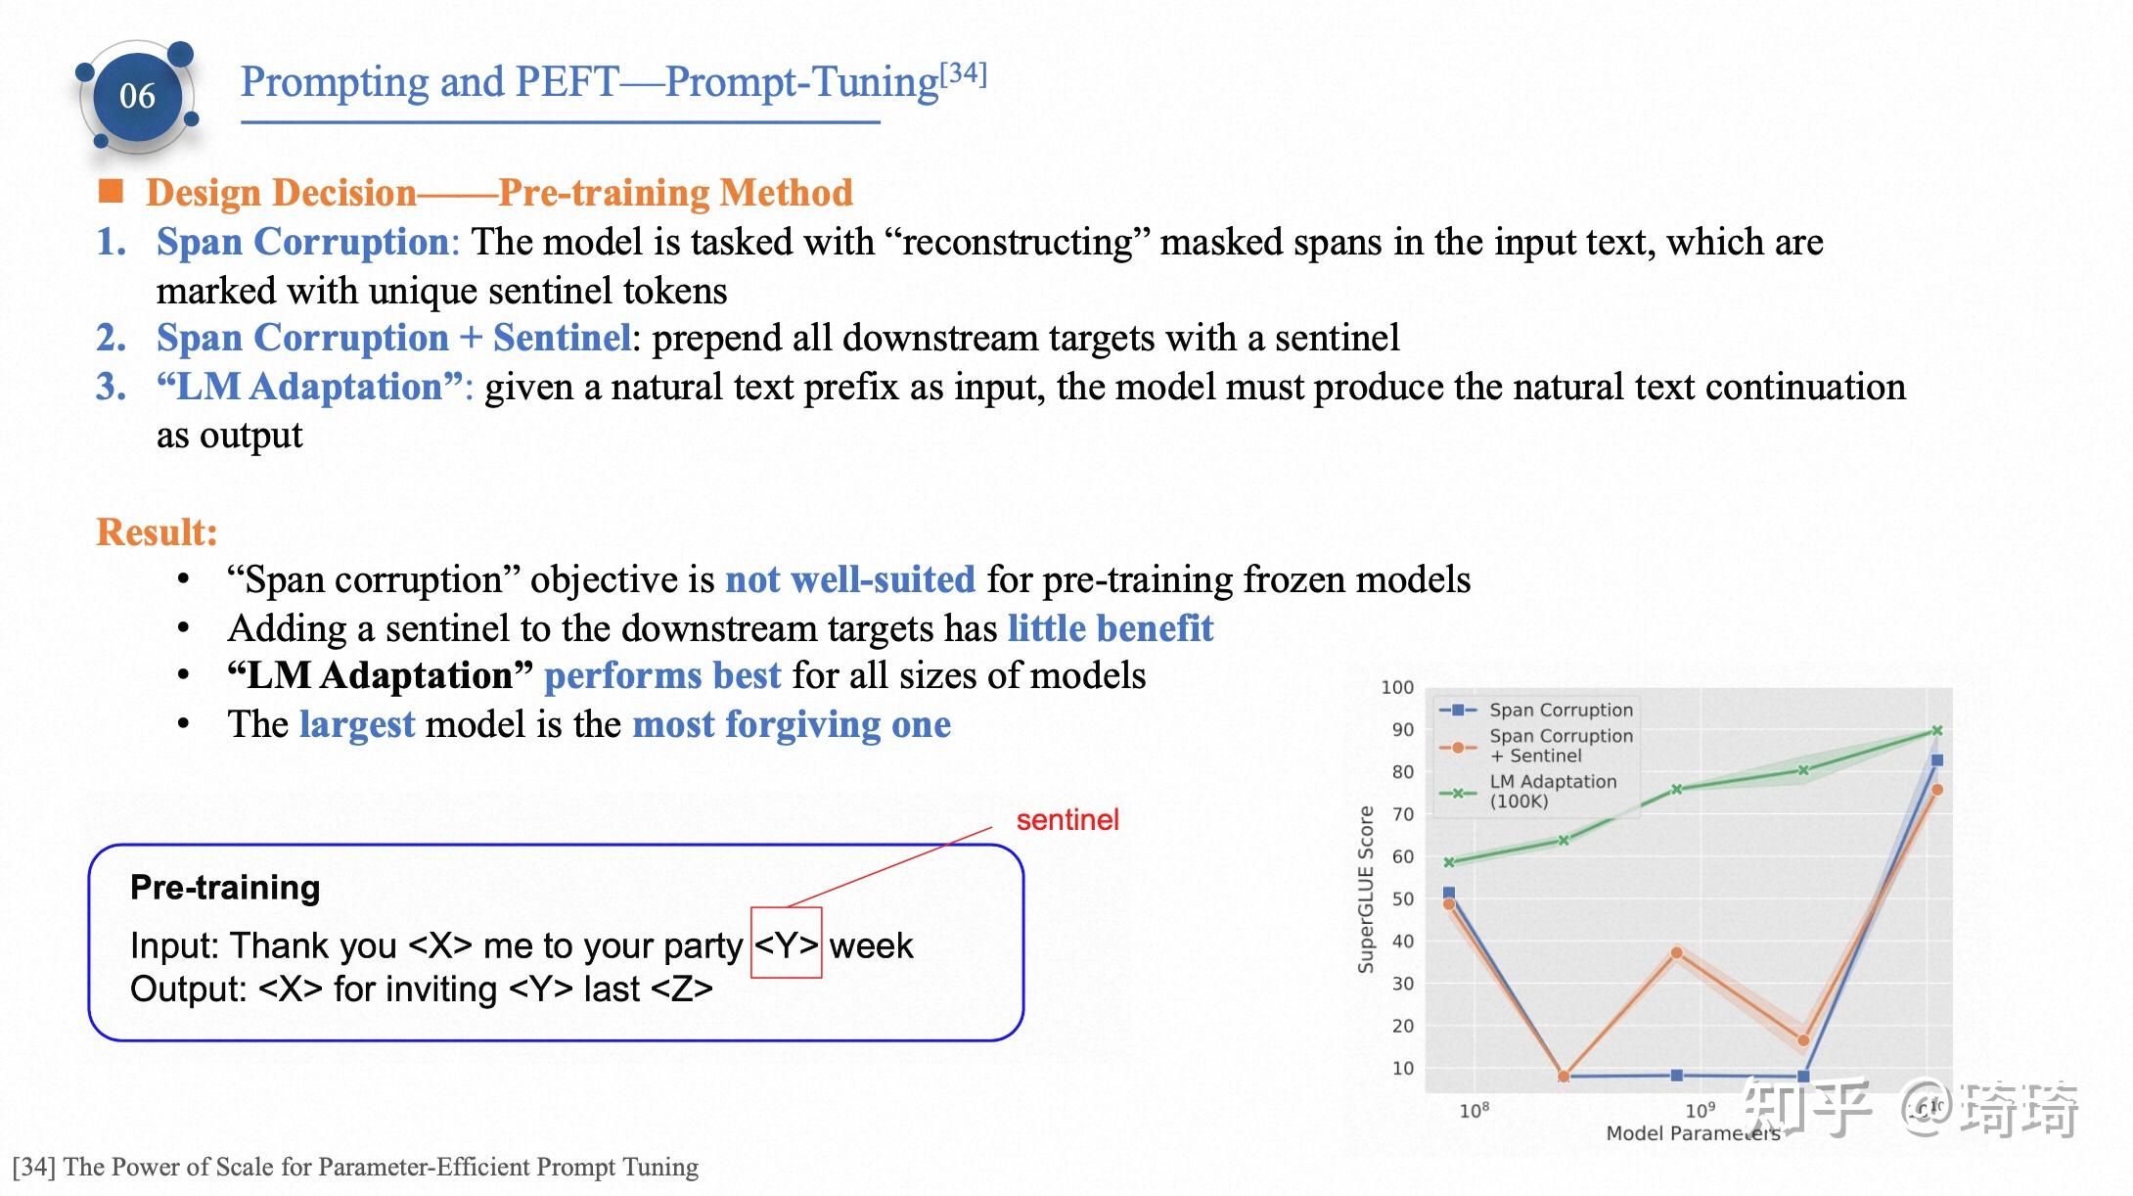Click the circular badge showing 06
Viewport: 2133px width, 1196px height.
click(x=137, y=96)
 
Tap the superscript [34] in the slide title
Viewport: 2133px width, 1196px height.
click(x=963, y=73)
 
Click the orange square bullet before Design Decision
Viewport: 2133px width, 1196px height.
click(x=112, y=191)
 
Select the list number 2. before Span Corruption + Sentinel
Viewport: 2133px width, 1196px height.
click(x=112, y=339)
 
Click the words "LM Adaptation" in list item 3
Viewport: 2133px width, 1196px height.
click(x=309, y=388)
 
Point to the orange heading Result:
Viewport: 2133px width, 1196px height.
click(x=157, y=532)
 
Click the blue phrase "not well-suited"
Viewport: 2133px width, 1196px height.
click(x=849, y=580)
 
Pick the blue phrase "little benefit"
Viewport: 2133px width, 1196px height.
click(x=1111, y=628)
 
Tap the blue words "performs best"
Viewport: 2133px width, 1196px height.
click(x=662, y=676)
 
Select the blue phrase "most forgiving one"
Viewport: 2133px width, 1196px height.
click(x=792, y=725)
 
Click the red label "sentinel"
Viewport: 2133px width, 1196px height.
click(x=1066, y=820)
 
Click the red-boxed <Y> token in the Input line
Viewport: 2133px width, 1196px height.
click(x=786, y=944)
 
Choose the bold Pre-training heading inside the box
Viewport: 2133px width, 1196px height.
click(x=225, y=888)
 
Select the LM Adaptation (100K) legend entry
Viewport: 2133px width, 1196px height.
click(x=1552, y=791)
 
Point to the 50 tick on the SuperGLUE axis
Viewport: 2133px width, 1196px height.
click(x=1402, y=898)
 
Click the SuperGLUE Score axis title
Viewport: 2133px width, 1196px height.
click(x=1366, y=889)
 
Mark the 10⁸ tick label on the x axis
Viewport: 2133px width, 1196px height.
click(x=1474, y=1110)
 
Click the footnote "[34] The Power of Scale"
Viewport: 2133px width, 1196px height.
click(x=355, y=1167)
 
